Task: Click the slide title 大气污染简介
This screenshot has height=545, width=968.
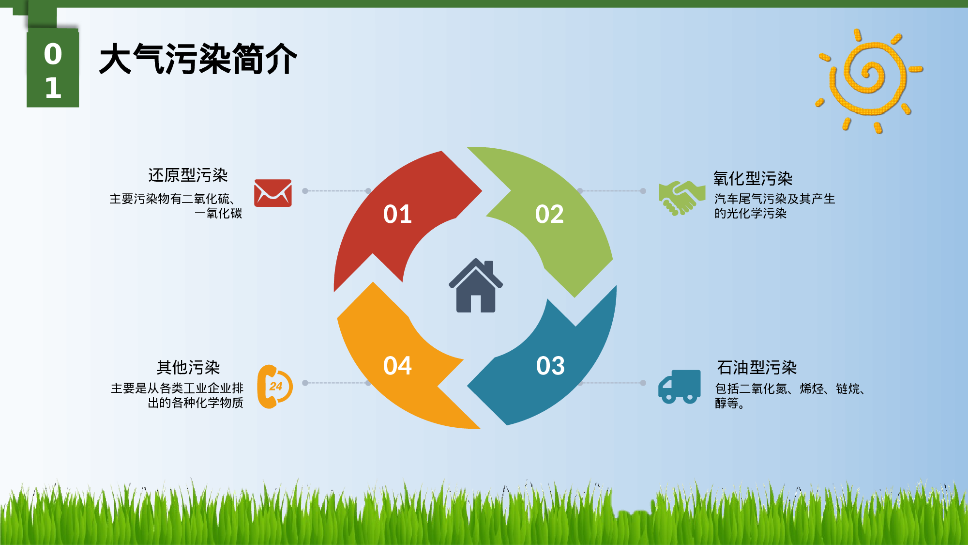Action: [x=198, y=59]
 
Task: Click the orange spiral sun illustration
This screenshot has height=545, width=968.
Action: [x=869, y=79]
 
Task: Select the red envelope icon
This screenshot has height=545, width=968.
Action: [x=273, y=193]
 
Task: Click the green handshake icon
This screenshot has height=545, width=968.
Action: [x=681, y=197]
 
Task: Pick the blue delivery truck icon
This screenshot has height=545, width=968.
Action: [x=680, y=386]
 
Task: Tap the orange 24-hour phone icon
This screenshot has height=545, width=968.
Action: [x=275, y=386]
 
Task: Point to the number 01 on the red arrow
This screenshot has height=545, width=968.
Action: [x=397, y=214]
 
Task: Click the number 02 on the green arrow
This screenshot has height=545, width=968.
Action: [x=549, y=214]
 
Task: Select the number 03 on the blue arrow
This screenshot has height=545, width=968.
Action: [x=550, y=366]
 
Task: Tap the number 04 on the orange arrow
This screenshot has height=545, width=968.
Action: [x=397, y=366]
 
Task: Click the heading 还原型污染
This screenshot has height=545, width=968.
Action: [x=188, y=175]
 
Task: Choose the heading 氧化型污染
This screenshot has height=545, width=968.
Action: [x=753, y=179]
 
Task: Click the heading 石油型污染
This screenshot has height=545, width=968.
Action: [x=756, y=368]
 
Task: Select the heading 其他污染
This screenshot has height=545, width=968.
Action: [x=188, y=368]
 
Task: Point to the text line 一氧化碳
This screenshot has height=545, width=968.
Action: [x=218, y=214]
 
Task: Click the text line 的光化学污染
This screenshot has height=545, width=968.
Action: [x=750, y=214]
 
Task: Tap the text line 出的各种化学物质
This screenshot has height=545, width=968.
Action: [x=195, y=403]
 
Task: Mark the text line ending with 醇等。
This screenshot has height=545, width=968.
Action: [x=729, y=404]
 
